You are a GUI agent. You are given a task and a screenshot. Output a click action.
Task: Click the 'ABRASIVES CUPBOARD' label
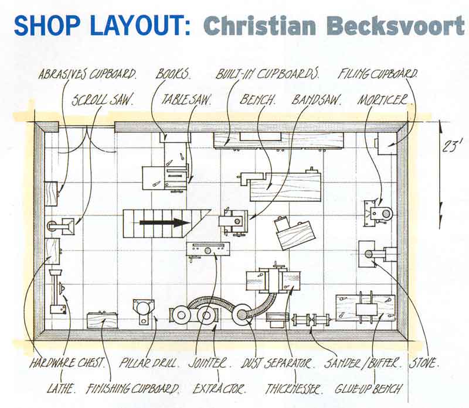tap(87, 74)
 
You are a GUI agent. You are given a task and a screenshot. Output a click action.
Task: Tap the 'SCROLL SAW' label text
tap(102, 100)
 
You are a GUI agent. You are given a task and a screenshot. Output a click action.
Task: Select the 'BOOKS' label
tap(173, 74)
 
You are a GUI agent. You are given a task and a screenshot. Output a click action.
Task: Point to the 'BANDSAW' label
tap(317, 100)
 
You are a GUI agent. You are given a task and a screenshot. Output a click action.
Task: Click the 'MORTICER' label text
tap(383, 100)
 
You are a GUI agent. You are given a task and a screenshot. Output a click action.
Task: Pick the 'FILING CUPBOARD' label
tap(378, 74)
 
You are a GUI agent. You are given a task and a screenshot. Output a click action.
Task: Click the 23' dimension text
tap(450, 147)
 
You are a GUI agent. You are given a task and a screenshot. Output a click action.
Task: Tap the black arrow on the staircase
tap(165, 222)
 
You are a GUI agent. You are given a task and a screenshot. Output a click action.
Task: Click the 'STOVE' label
tap(424, 363)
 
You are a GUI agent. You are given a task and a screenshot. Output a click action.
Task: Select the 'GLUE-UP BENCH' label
tap(368, 389)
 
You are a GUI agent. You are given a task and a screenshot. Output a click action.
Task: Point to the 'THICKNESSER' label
tap(294, 389)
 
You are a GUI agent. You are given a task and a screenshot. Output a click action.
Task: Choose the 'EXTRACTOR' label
tap(219, 389)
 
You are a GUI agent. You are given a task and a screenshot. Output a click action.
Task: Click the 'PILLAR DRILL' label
tap(149, 363)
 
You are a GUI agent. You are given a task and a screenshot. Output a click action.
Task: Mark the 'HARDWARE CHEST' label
tap(67, 363)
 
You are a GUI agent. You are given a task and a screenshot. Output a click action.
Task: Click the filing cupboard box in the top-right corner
tap(387, 143)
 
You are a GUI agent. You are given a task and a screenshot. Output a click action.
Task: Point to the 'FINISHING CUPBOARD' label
tap(133, 389)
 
